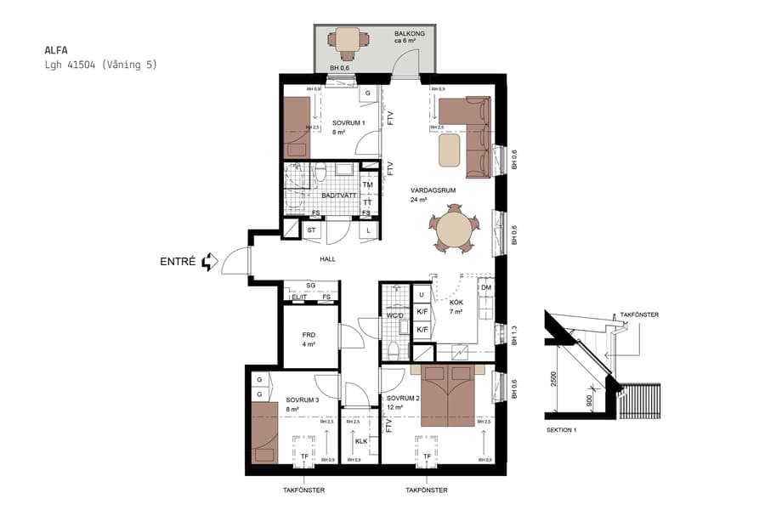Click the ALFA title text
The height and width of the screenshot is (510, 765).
click(56, 50)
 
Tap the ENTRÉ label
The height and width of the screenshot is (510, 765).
click(178, 262)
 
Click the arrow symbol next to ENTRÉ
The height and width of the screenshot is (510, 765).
click(210, 263)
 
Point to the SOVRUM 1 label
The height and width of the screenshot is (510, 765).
click(348, 123)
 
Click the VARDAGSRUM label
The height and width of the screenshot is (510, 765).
click(433, 190)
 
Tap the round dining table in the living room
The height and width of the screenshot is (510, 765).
click(454, 231)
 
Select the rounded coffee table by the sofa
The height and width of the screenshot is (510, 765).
click(450, 151)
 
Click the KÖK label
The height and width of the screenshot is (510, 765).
click(456, 303)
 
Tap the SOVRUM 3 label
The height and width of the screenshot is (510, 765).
click(302, 399)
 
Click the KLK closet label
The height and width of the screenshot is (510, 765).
click(360, 441)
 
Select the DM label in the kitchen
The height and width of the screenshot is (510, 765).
click(485, 288)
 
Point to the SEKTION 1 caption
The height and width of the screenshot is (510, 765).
click(561, 431)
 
